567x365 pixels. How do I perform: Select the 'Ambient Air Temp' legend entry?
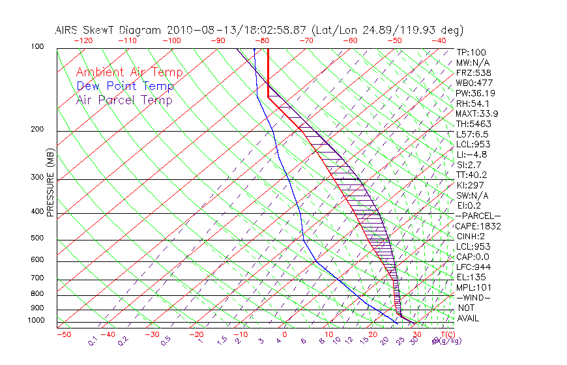tap(129, 72)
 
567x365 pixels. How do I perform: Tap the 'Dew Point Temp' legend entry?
tap(125, 86)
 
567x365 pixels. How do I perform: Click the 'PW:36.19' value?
tap(474, 93)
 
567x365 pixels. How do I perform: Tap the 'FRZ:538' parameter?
tap(472, 72)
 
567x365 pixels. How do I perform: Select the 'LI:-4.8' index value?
tap(472, 154)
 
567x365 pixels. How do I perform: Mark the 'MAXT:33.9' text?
tap(476, 113)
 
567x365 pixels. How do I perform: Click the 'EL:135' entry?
tap(470, 277)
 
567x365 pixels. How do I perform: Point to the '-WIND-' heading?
tap(474, 297)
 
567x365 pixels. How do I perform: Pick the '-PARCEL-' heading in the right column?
tap(478, 216)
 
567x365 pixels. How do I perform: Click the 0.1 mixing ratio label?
tap(93, 340)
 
